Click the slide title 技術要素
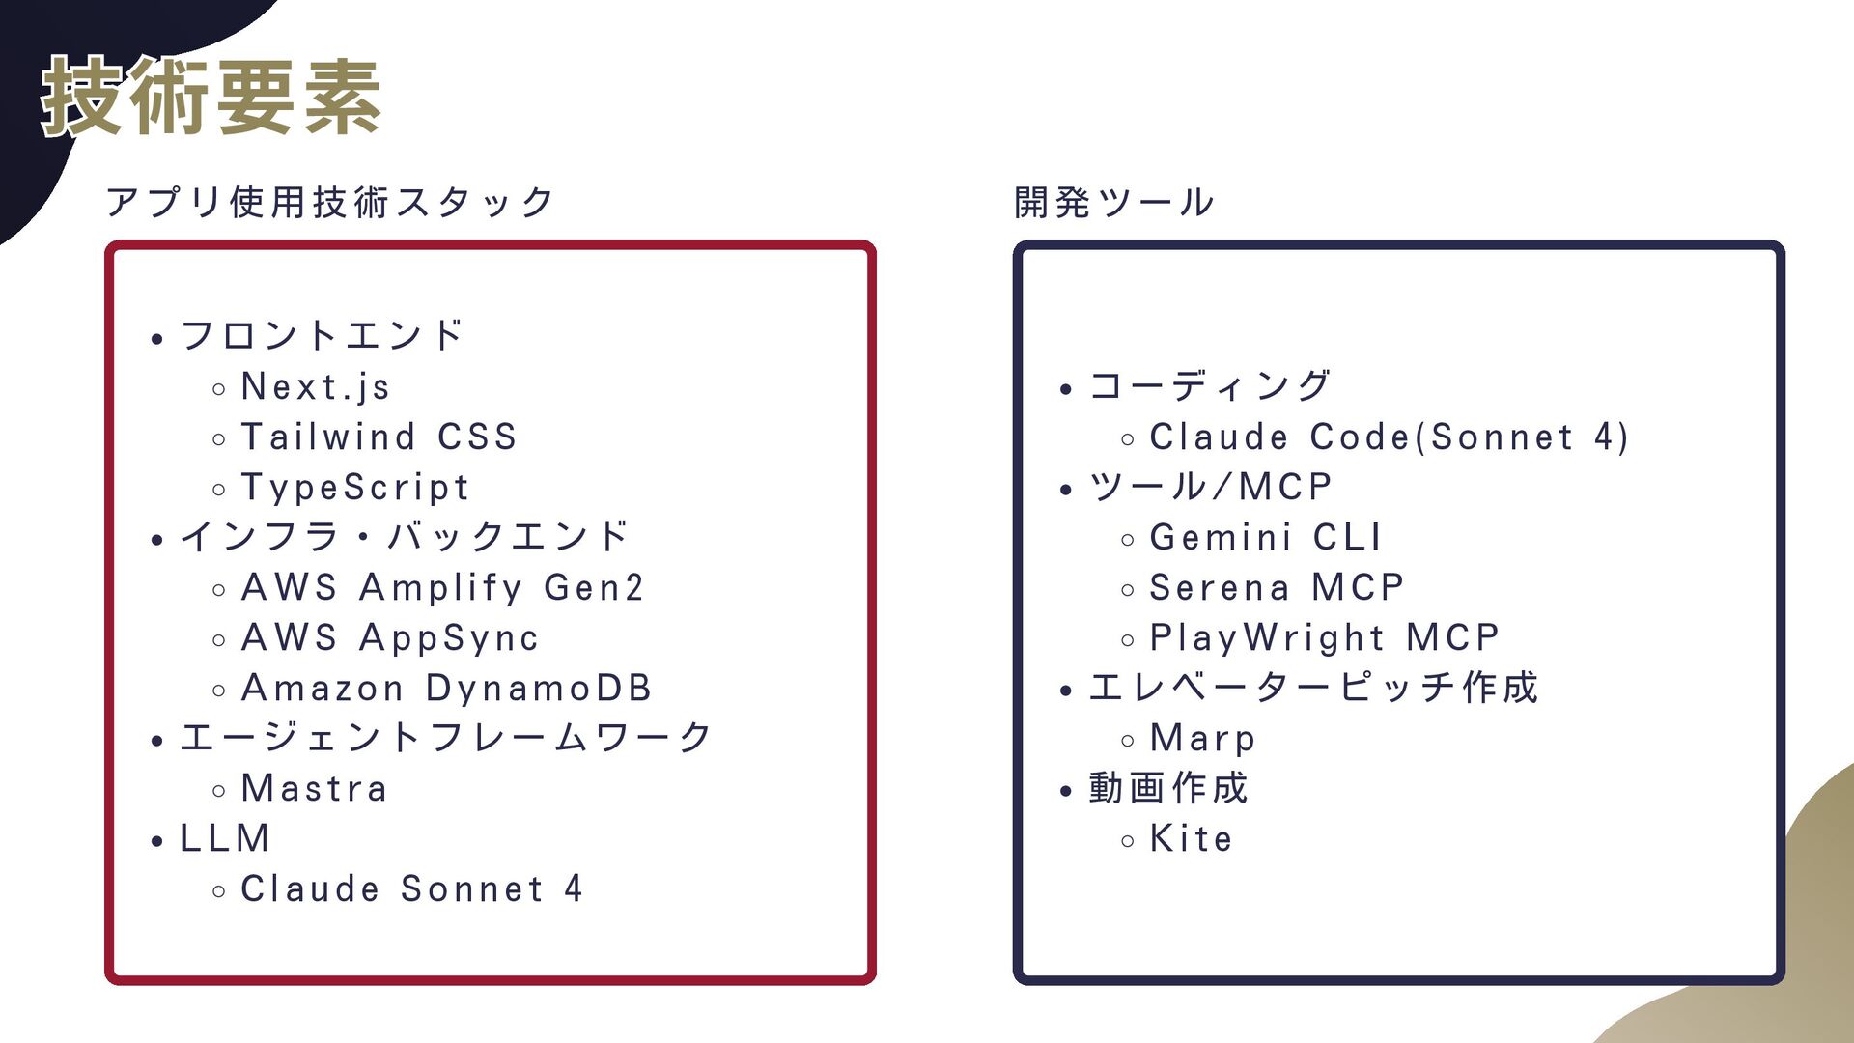pyautogui.click(x=211, y=97)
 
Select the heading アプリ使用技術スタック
pyautogui.click(x=330, y=203)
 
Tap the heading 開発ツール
pyautogui.click(x=1114, y=203)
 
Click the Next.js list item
pyautogui.click(x=315, y=387)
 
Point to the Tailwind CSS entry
pyautogui.click(x=379, y=437)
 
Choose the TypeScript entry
pyautogui.click(x=354, y=488)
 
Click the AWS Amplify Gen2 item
pyautogui.click(x=442, y=588)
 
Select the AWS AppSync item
pyautogui.click(x=389, y=638)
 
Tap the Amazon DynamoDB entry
pyautogui.click(x=446, y=689)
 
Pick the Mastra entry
pyautogui.click(x=314, y=789)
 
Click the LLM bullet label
pyautogui.click(x=225, y=838)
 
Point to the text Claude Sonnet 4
pyautogui.click(x=411, y=889)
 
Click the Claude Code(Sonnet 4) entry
pyautogui.click(x=1389, y=437)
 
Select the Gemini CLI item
pyautogui.click(x=1265, y=538)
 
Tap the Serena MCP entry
pyautogui.click(x=1277, y=588)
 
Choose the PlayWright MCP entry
pyautogui.click(x=1324, y=638)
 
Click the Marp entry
pyautogui.click(x=1202, y=739)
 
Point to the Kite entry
pyautogui.click(x=1191, y=839)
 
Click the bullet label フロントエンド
pyautogui.click(x=323, y=336)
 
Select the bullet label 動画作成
pyautogui.click(x=1168, y=788)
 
